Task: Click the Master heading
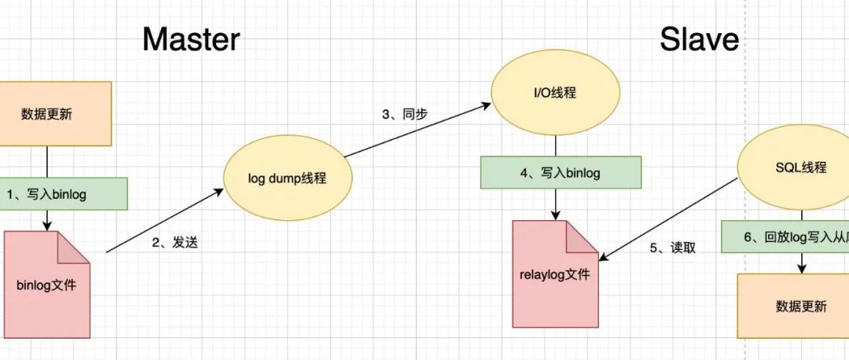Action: (190, 38)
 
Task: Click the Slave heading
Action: (699, 38)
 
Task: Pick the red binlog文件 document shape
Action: (46, 285)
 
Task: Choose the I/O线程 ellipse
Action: (555, 93)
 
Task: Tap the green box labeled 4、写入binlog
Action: (560, 172)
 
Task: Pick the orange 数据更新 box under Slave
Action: (792, 306)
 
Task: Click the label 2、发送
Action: (175, 242)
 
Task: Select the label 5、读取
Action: (672, 248)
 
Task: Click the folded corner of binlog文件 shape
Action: (75, 247)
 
